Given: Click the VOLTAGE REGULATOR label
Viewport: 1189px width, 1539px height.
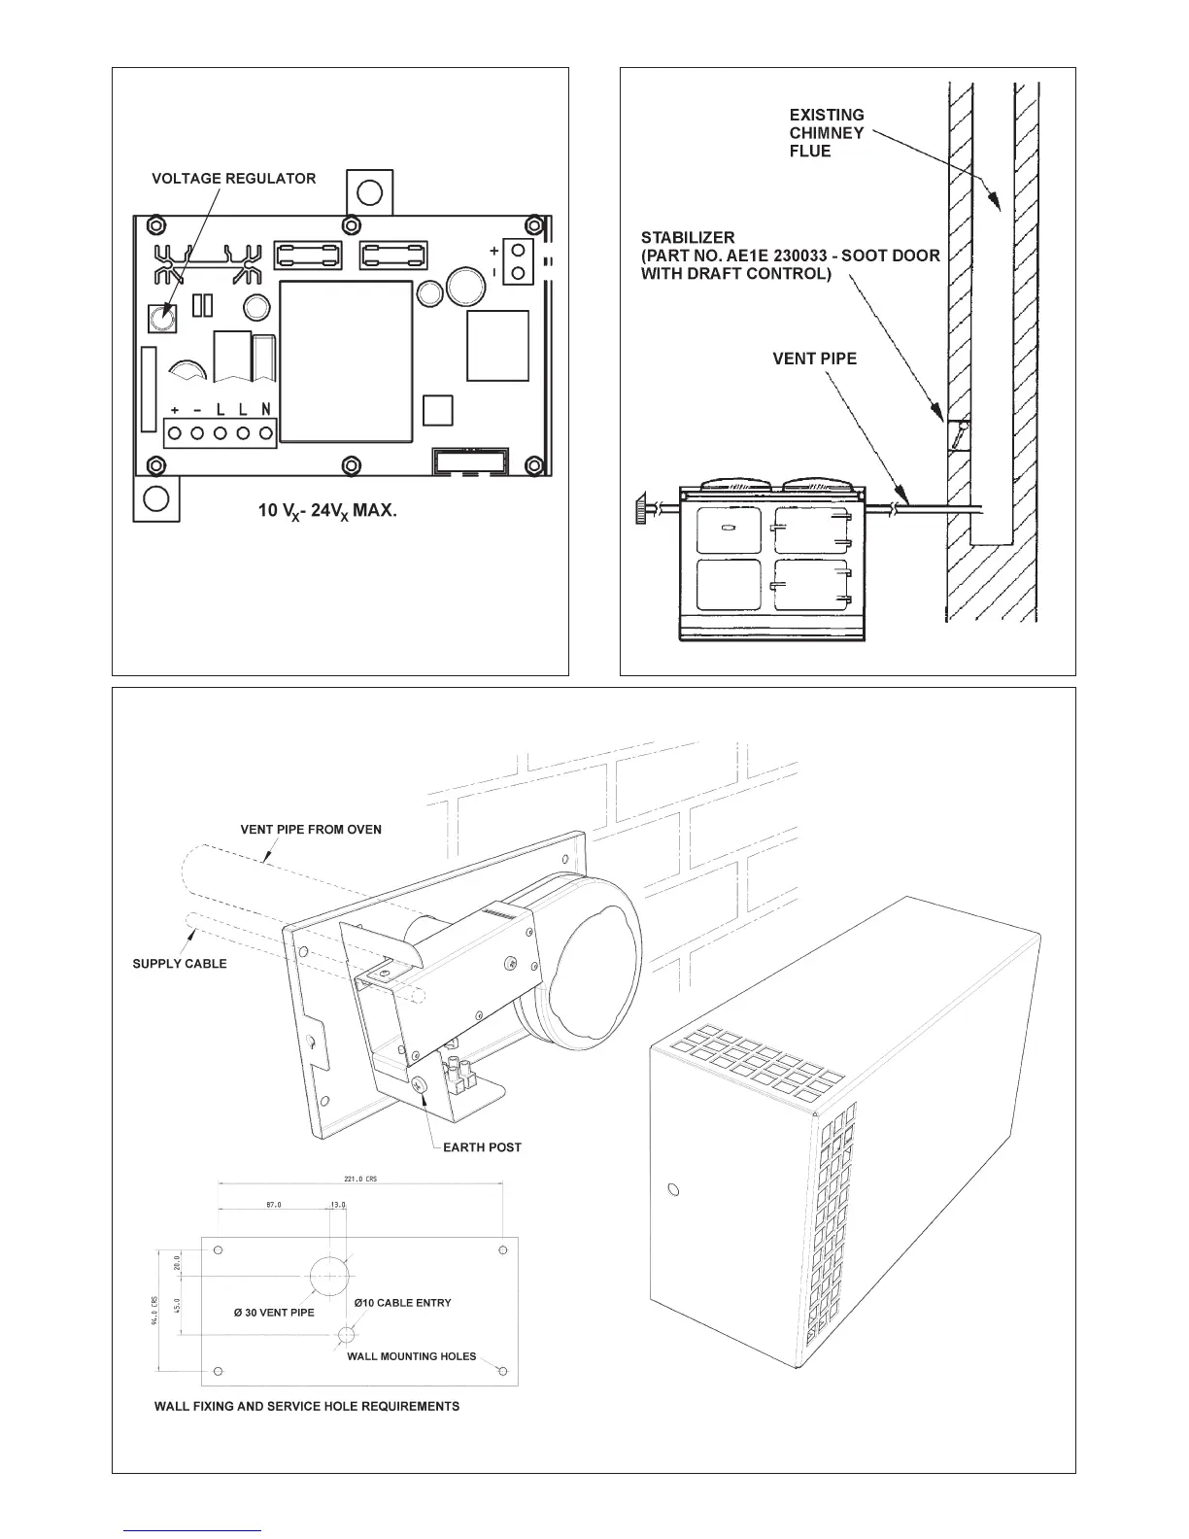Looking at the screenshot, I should point(233,179).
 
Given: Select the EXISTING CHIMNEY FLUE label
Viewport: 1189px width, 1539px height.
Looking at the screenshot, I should point(826,133).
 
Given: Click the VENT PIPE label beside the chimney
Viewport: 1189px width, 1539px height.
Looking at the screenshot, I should point(814,359).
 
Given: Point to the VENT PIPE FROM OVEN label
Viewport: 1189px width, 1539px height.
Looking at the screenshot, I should point(311,830).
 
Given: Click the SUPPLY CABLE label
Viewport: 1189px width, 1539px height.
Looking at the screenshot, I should point(180,964).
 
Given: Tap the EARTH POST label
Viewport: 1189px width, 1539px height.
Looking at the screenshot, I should point(482,1147).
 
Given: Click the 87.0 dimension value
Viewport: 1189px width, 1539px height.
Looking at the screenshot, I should point(274,1205).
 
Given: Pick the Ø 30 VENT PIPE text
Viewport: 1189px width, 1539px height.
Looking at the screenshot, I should point(274,1313).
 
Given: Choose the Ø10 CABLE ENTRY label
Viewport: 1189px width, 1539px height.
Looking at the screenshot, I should point(402,1302).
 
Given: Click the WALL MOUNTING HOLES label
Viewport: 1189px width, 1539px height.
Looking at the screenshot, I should point(412,1356).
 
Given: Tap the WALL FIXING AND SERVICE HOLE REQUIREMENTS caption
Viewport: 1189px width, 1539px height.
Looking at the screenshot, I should point(307,1406).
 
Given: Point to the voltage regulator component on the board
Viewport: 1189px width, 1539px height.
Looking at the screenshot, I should point(160,317).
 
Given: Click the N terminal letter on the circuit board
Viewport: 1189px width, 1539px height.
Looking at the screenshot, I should point(265,410).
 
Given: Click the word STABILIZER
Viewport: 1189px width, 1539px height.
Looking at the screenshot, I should point(688,237).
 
